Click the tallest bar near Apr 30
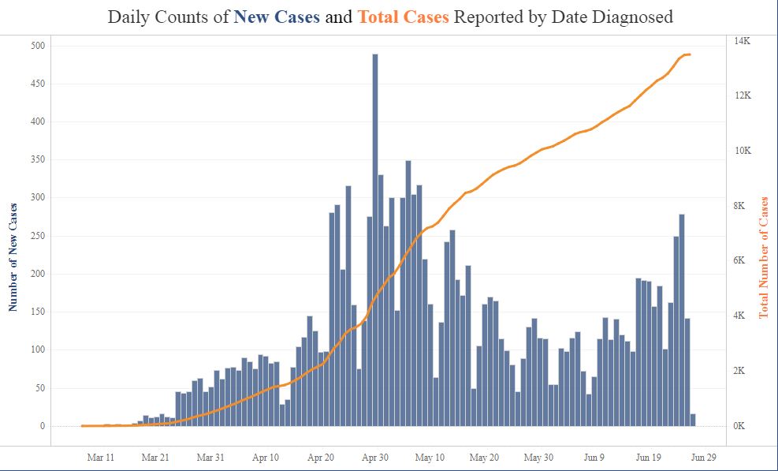[x=375, y=237]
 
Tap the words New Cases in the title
[x=277, y=17]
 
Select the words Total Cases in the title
[x=403, y=17]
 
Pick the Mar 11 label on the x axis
[x=101, y=457]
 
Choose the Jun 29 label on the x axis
[x=703, y=457]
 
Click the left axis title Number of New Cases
[x=13, y=256]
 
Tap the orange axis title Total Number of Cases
[x=763, y=257]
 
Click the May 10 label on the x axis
[x=430, y=457]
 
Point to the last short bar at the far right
[x=693, y=420]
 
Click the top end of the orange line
[x=690, y=54]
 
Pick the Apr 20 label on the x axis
[x=320, y=457]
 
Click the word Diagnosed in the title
[x=628, y=17]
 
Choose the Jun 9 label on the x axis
[x=594, y=457]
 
